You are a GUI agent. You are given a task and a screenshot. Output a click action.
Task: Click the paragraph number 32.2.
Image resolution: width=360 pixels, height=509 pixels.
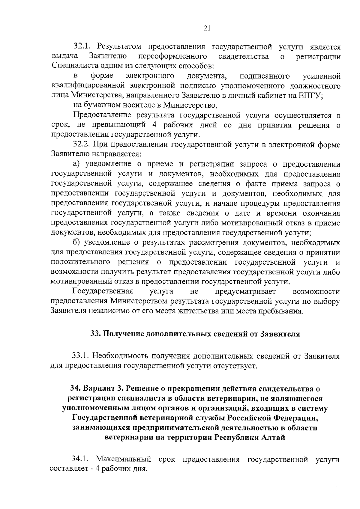point(82,145)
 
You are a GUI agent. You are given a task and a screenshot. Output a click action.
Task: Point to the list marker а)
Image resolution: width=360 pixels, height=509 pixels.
point(77,164)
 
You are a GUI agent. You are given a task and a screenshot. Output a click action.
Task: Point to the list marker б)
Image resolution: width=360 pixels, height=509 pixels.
point(77,243)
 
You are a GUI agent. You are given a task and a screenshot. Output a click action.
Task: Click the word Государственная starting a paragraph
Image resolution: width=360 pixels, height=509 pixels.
point(103,291)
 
